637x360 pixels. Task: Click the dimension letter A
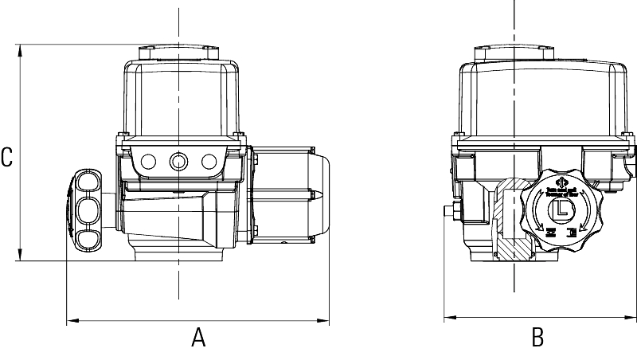[198, 338]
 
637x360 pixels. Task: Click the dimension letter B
[537, 338]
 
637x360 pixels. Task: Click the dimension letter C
[7, 157]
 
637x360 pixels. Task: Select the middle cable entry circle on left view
[178, 162]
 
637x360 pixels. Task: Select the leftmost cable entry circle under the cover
[147, 162]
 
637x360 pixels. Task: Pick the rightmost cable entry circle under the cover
[209, 162]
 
